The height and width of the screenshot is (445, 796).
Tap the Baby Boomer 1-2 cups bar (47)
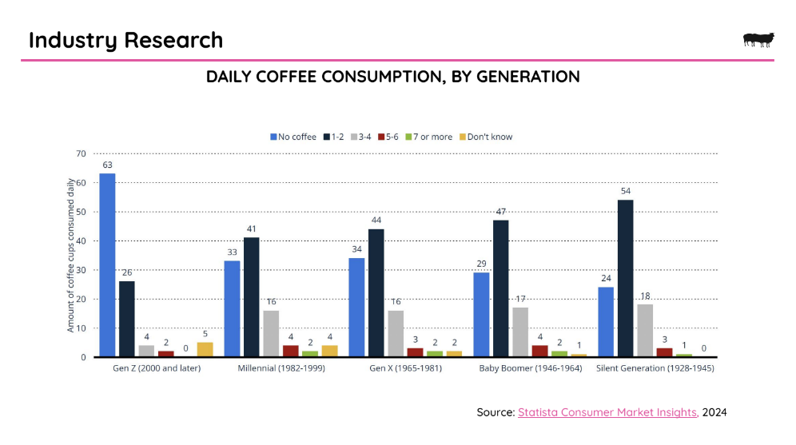tap(500, 288)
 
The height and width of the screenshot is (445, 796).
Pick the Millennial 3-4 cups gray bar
tap(271, 333)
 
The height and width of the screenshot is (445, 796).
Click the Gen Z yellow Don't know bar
tap(205, 349)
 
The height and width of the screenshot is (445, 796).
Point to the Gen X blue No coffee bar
tap(356, 308)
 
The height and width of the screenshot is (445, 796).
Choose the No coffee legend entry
tap(293, 137)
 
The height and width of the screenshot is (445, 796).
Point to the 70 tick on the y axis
tap(81, 153)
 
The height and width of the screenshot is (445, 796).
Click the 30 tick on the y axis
tap(81, 270)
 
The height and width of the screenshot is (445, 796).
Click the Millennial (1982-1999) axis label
tap(281, 368)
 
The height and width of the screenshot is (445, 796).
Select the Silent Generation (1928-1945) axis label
tap(655, 368)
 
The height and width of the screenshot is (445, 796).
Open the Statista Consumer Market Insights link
tap(607, 412)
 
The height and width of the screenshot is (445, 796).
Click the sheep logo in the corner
tap(758, 39)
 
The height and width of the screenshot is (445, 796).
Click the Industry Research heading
tap(125, 40)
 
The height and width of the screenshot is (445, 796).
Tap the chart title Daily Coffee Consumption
tap(392, 77)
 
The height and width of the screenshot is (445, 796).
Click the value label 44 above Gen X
tap(376, 221)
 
